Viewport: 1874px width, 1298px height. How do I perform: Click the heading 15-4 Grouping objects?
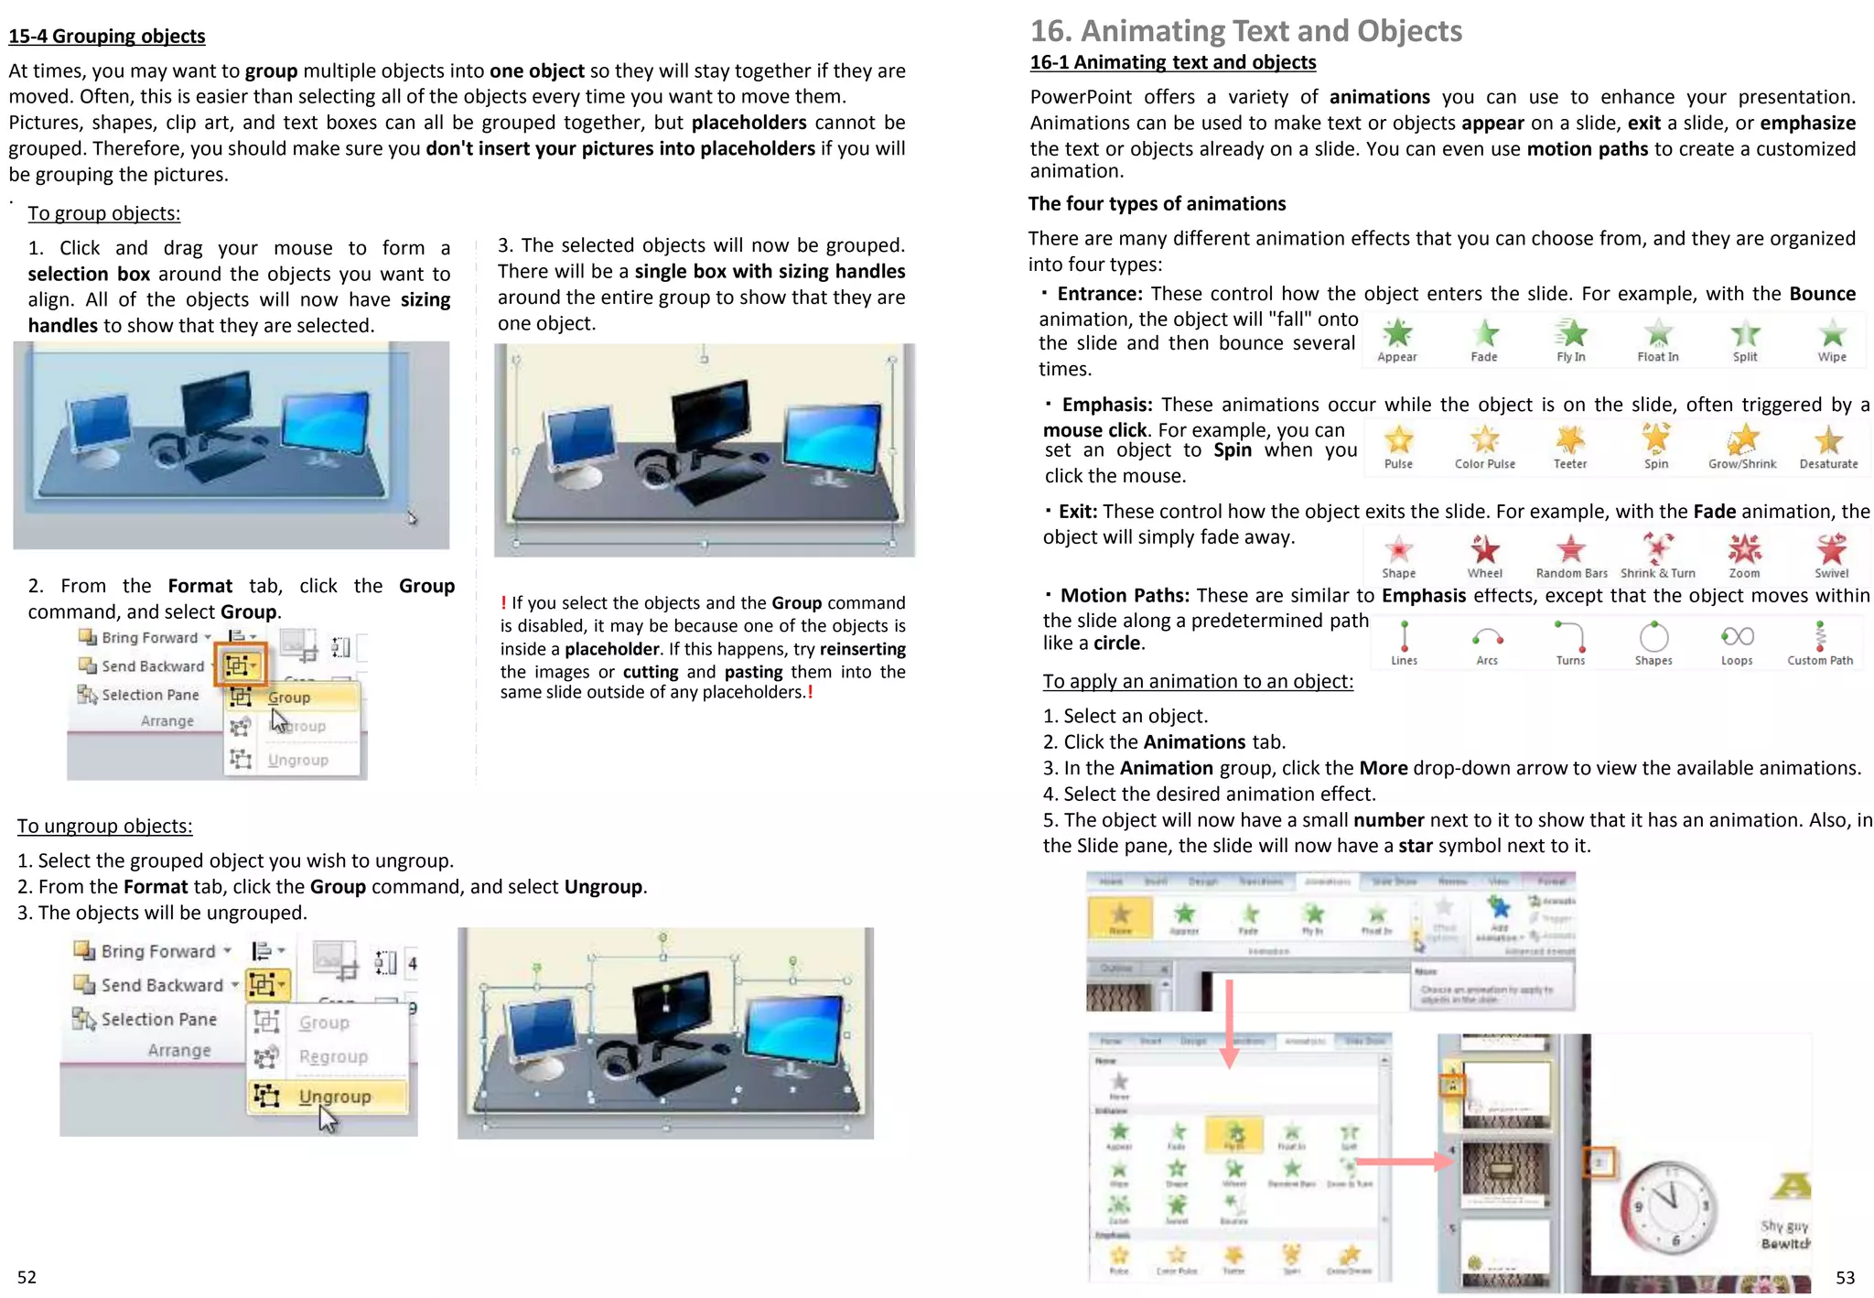point(107,36)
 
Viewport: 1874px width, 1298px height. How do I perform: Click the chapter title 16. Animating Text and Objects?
point(1245,31)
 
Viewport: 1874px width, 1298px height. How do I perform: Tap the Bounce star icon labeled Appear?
point(1396,334)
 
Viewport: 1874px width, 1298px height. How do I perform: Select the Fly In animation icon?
point(1570,334)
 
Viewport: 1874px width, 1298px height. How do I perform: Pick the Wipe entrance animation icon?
point(1831,334)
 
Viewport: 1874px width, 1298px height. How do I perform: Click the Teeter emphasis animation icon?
point(1569,440)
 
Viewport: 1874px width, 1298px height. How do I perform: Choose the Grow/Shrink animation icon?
point(1742,440)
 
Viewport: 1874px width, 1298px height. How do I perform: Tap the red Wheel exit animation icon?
point(1484,549)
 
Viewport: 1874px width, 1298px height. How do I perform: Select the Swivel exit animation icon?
point(1831,549)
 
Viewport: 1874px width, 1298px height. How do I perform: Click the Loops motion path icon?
point(1737,637)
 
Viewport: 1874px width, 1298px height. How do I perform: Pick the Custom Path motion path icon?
point(1820,635)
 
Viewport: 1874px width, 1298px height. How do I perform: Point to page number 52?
point(27,1277)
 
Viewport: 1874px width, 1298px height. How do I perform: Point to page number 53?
point(1845,1277)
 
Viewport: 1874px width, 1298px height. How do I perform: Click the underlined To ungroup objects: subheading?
point(105,826)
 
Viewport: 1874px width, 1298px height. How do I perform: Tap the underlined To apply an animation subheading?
point(1197,681)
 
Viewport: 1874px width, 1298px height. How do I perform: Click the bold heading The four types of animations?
point(1157,204)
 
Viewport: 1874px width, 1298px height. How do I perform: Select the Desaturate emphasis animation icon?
point(1828,440)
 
